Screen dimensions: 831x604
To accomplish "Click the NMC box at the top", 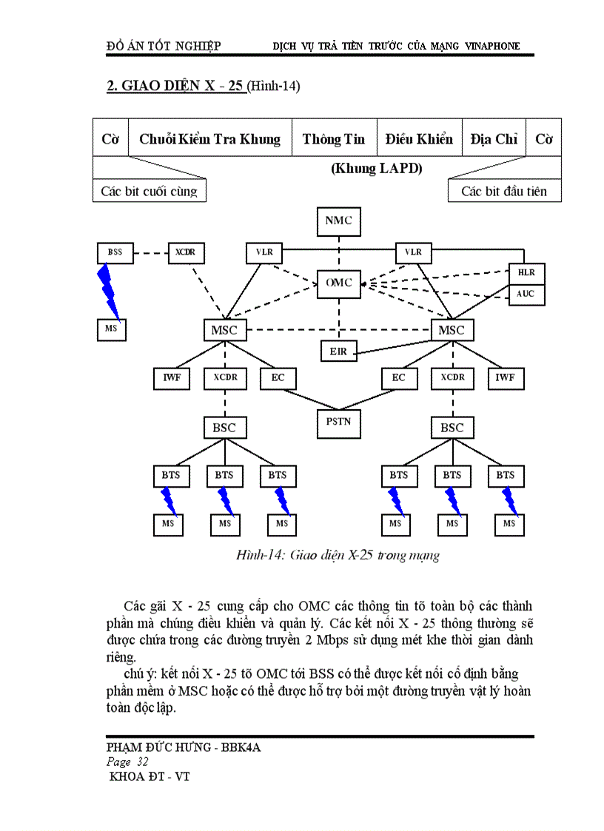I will [x=338, y=221].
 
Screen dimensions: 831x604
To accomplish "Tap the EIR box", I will [x=338, y=351].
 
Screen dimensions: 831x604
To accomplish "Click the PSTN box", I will [x=338, y=423].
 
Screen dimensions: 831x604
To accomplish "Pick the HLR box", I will [x=526, y=272].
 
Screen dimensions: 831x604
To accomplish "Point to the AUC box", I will [x=526, y=294].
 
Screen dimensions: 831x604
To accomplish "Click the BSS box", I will [x=115, y=252].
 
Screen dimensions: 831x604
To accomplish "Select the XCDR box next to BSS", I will [x=186, y=252].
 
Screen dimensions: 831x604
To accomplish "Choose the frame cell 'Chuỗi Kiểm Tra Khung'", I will [x=210, y=138].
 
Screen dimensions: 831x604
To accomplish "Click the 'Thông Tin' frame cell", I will [x=334, y=138].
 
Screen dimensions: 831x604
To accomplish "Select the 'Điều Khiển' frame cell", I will [x=419, y=138].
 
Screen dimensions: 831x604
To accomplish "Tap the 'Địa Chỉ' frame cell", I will [x=494, y=138].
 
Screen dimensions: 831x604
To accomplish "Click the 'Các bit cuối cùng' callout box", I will [x=150, y=191].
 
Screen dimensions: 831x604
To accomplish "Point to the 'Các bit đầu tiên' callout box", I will [x=504, y=191].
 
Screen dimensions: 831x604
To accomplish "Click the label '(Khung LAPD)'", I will [x=376, y=168].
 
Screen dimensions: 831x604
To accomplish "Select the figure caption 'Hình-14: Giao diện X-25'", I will [x=338, y=555].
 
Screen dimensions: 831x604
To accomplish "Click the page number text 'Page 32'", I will [x=128, y=762].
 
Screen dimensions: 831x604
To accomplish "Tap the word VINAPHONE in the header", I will [x=492, y=46].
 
